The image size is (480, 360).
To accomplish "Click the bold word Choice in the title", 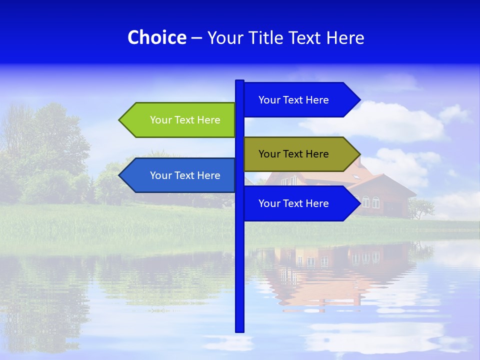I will point(156,37).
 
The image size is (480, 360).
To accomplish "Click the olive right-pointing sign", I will point(300,154).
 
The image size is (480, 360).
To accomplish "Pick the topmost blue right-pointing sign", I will point(300,99).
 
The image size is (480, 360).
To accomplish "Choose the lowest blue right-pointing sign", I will point(300,203).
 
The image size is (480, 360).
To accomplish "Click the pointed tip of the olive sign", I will point(358,154).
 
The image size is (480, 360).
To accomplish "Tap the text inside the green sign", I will point(185,120).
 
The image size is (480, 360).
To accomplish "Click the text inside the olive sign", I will point(293,154).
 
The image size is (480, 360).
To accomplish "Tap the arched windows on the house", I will point(370,202).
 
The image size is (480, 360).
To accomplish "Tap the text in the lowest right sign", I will point(293,203).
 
